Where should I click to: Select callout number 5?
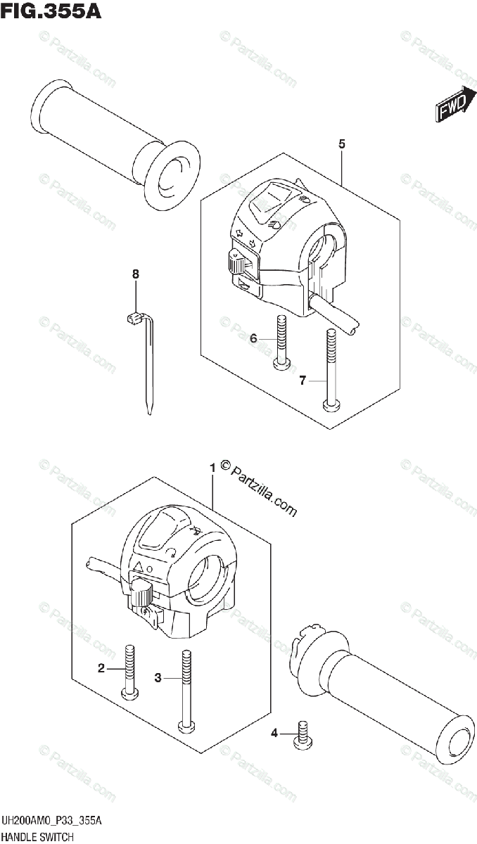341,144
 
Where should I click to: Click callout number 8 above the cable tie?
136,273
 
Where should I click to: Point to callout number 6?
253,339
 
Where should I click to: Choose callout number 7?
302,381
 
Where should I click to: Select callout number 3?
158,678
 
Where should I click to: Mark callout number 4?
274,735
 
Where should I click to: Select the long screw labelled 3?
186,689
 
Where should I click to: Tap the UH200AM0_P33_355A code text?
52,821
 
